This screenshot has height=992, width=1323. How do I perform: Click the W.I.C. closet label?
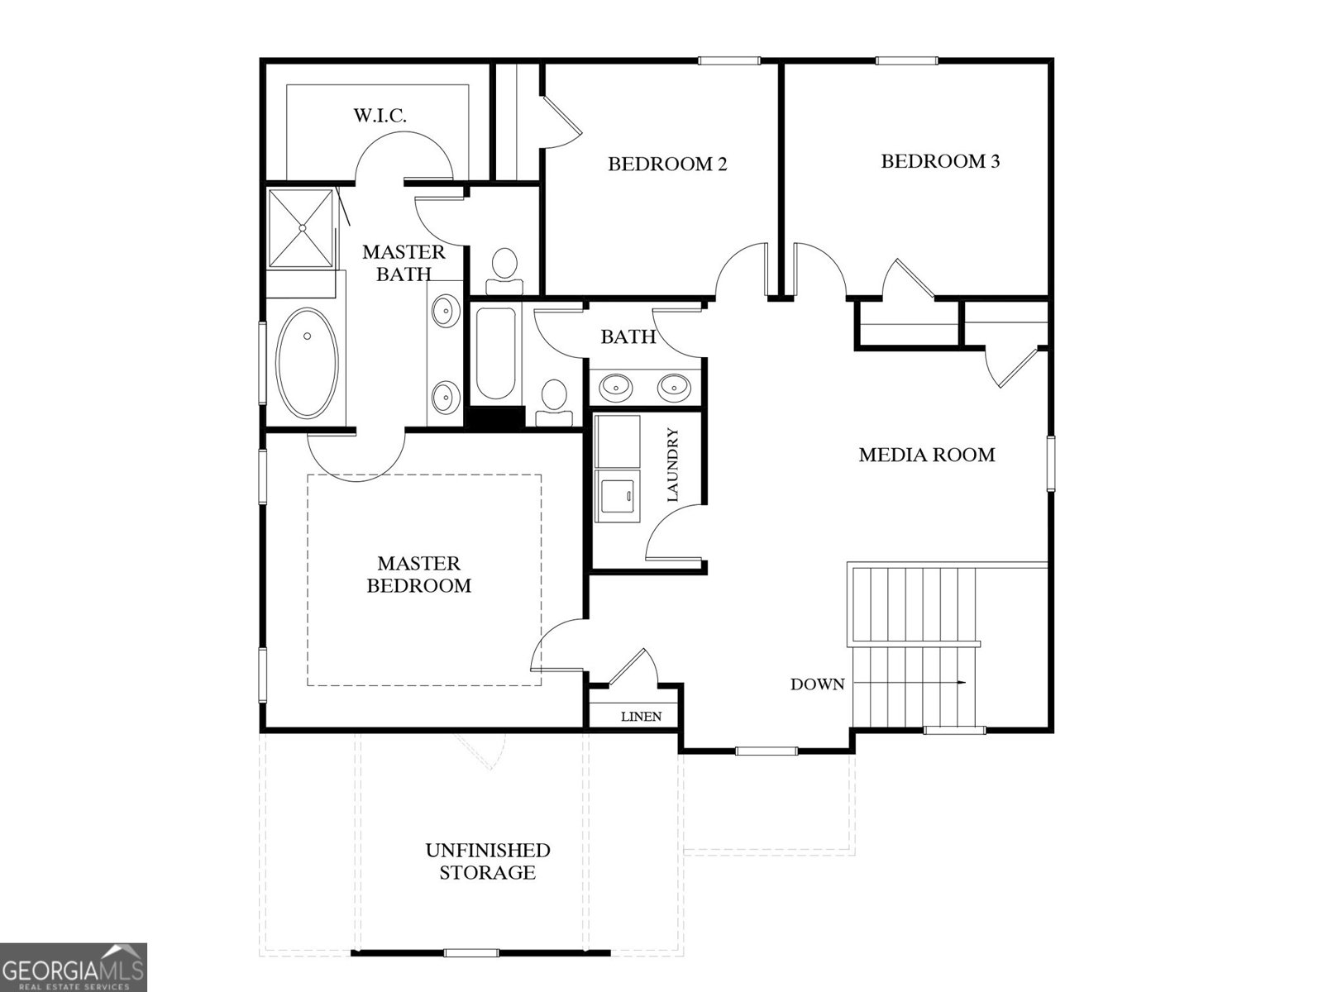(380, 116)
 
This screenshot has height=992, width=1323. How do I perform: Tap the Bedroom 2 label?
(667, 164)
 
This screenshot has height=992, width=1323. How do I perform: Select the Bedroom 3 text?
(940, 161)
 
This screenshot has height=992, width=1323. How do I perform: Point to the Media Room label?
(926, 455)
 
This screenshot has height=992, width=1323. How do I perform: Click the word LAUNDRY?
(671, 465)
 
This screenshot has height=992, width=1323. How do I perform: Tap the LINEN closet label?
(641, 717)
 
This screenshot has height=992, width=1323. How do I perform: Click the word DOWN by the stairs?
(817, 684)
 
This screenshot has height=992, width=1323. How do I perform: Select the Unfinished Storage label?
(488, 861)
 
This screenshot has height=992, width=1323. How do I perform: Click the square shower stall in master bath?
(302, 227)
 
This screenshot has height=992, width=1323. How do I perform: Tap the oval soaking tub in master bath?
(308, 364)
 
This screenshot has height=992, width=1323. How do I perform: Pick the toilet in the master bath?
(504, 271)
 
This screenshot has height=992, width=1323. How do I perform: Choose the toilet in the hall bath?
(553, 399)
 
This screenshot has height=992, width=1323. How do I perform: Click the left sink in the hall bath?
(616, 385)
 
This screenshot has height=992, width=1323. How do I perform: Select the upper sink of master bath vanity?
(445, 312)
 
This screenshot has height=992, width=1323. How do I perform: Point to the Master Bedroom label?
(418, 575)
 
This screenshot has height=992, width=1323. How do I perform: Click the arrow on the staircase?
(959, 683)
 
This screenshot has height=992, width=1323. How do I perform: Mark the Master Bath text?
(404, 263)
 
